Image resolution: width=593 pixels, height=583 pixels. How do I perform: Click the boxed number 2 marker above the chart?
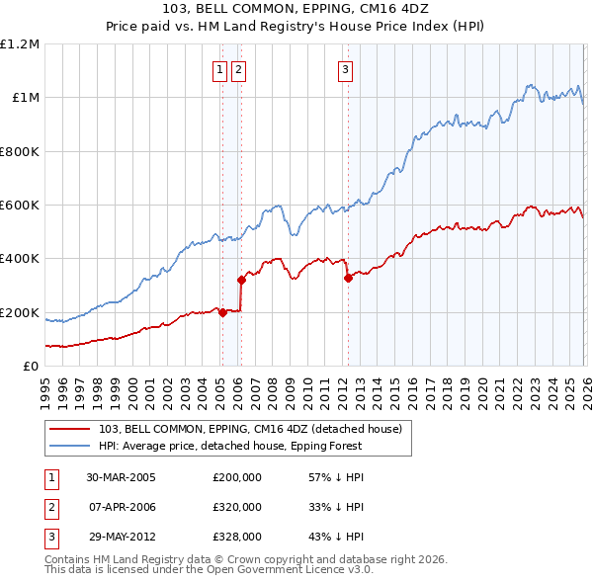pyautogui.click(x=239, y=69)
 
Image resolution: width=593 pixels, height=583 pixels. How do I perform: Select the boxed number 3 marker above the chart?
pyautogui.click(x=346, y=69)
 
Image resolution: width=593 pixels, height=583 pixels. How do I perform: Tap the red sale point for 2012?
pyautogui.click(x=348, y=279)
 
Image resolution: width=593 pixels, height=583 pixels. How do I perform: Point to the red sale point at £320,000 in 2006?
pyautogui.click(x=241, y=280)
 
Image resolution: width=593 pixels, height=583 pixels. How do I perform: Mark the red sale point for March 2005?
pyautogui.click(x=222, y=312)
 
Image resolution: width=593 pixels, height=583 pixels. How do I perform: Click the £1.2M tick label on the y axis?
pyautogui.click(x=20, y=44)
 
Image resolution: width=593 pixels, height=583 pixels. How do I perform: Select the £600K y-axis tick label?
pyautogui.click(x=20, y=206)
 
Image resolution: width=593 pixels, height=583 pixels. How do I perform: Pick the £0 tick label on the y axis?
pyautogui.click(x=29, y=367)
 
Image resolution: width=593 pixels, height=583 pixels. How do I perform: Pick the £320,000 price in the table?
pyautogui.click(x=237, y=507)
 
